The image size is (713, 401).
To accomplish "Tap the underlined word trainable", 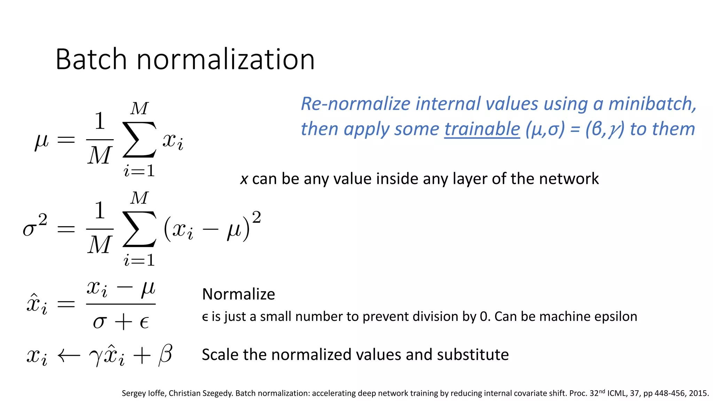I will click(482, 129).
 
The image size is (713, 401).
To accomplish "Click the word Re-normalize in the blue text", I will click(355, 104).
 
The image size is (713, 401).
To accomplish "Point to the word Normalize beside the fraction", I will click(238, 294).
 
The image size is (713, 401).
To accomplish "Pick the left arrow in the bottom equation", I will click(69, 356).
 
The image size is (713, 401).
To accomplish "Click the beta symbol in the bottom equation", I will click(165, 355).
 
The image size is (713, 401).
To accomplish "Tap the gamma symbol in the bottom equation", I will click(95, 357).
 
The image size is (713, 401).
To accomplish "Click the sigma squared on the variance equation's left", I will click(34, 226).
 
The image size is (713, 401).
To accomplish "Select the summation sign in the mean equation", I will click(139, 140).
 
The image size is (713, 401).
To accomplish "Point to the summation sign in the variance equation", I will click(139, 229).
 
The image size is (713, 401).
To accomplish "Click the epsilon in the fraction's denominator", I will click(144, 323).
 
